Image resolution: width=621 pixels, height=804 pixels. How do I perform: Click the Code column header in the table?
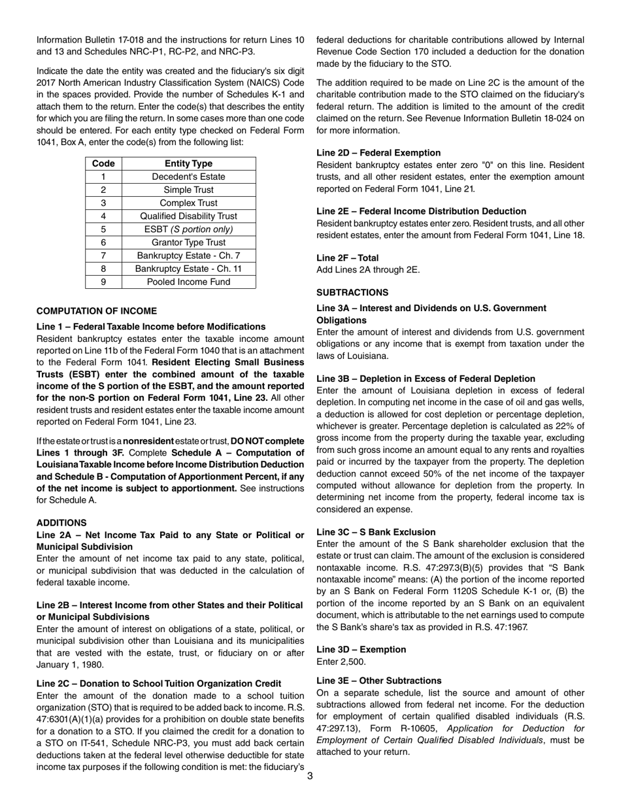coord(103,163)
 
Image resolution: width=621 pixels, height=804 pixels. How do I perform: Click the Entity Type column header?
coord(189,163)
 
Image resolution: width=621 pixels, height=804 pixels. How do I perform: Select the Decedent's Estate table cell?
coord(189,176)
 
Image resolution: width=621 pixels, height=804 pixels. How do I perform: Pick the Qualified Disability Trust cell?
coord(189,216)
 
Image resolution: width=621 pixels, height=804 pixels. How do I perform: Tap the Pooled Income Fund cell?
coord(189,282)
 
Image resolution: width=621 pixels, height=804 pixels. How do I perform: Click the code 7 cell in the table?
coord(103,256)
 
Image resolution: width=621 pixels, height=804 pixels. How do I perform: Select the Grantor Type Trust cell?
coord(189,243)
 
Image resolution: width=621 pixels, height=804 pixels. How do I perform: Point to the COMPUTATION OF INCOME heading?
coord(97,311)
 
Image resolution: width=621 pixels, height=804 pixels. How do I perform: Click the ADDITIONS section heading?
coord(61,523)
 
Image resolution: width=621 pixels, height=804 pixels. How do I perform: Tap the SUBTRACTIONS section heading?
coord(352,292)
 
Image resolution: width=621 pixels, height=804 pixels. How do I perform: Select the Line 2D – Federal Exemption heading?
coord(378,152)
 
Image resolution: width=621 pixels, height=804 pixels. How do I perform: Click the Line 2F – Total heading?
coord(347,258)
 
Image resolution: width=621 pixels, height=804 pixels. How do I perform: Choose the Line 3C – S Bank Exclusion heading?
coord(376,532)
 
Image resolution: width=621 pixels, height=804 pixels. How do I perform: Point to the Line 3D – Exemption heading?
coord(361,649)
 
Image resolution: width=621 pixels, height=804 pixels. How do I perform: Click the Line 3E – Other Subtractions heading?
coord(378,680)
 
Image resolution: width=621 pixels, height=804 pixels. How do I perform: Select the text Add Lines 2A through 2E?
coord(368,269)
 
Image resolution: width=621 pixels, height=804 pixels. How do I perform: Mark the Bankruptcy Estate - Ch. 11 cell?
coord(189,269)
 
